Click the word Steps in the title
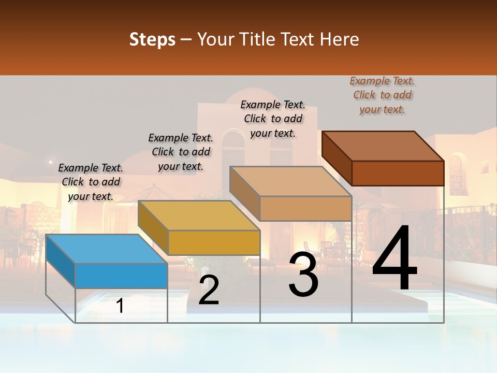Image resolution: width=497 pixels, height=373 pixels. click(152, 39)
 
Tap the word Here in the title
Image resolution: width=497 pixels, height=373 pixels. click(340, 39)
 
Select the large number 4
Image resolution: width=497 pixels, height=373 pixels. click(394, 259)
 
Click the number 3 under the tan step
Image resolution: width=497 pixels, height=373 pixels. click(303, 275)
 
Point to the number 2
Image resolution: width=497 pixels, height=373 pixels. click(209, 290)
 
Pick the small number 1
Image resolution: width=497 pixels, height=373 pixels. click(120, 306)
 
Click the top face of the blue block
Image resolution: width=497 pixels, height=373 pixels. click(106, 249)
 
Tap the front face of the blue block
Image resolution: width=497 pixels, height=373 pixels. click(121, 276)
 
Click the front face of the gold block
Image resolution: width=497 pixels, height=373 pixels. click(214, 242)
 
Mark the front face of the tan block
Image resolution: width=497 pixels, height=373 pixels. click(305, 208)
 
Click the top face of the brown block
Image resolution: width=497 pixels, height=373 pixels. click(383, 146)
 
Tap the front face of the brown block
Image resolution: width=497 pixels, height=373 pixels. click(398, 173)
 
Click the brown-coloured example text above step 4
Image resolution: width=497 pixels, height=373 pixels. click(383, 95)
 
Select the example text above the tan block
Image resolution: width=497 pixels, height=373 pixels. click(273, 119)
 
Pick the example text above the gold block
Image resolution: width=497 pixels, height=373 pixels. click(181, 152)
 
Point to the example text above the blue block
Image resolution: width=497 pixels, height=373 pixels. click(91, 182)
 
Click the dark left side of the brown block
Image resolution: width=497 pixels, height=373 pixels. click(337, 158)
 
